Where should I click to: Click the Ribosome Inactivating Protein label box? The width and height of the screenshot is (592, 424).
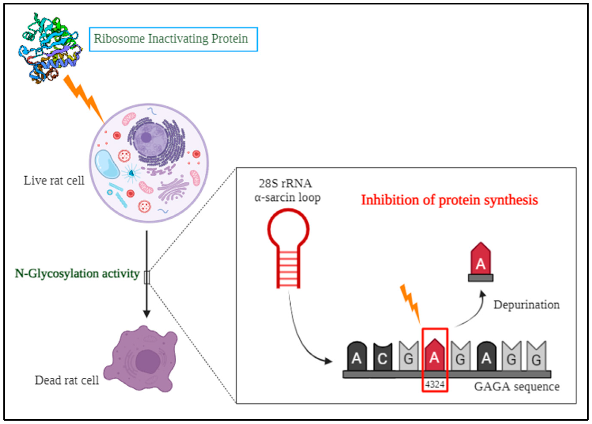pyautogui.click(x=173, y=39)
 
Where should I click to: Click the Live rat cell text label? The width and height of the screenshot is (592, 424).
pyautogui.click(x=54, y=181)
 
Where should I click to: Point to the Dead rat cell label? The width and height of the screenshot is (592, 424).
pyautogui.click(x=67, y=380)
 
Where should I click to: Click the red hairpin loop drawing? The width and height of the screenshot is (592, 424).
pyautogui.click(x=288, y=248)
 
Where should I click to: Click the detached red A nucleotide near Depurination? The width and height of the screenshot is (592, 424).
pyautogui.click(x=480, y=262)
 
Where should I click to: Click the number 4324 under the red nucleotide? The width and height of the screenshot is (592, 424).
pyautogui.click(x=435, y=384)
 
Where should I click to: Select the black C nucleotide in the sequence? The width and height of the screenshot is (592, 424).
pyautogui.click(x=382, y=357)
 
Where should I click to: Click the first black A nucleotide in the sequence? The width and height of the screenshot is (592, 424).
pyautogui.click(x=357, y=357)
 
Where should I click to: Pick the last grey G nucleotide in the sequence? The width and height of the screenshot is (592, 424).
pyautogui.click(x=536, y=357)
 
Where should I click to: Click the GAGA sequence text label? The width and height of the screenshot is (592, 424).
pyautogui.click(x=517, y=387)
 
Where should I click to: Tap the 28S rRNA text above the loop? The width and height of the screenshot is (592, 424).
pyautogui.click(x=285, y=184)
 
